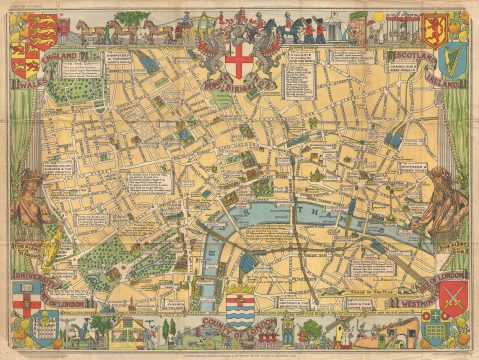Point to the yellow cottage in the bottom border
pyautogui.click(x=130, y=330)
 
